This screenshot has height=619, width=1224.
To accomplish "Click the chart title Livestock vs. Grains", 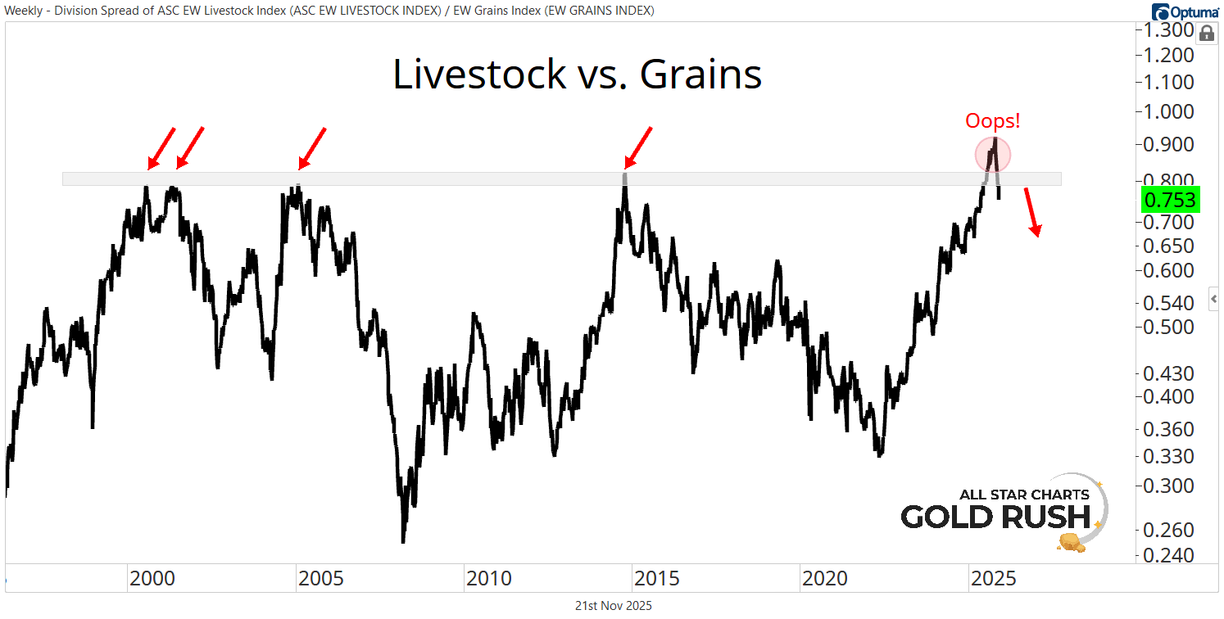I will tap(577, 75).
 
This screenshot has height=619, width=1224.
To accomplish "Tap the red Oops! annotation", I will tap(992, 121).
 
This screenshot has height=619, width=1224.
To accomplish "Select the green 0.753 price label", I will tap(1170, 199).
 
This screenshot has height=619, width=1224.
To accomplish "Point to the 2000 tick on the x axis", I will tap(152, 579).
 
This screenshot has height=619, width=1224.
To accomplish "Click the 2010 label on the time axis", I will tap(489, 579).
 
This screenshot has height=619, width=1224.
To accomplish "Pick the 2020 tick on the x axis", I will tap(825, 579).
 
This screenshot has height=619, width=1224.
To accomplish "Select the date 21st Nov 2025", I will tap(613, 606).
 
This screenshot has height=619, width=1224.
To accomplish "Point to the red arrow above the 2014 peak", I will tap(638, 147).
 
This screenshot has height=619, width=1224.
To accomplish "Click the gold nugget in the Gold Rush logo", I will tap(1072, 541).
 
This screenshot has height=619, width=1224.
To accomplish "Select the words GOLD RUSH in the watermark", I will tap(995, 517).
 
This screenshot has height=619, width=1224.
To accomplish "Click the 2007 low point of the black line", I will tap(403, 540).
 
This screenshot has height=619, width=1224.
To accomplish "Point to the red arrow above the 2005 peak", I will tap(312, 147).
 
